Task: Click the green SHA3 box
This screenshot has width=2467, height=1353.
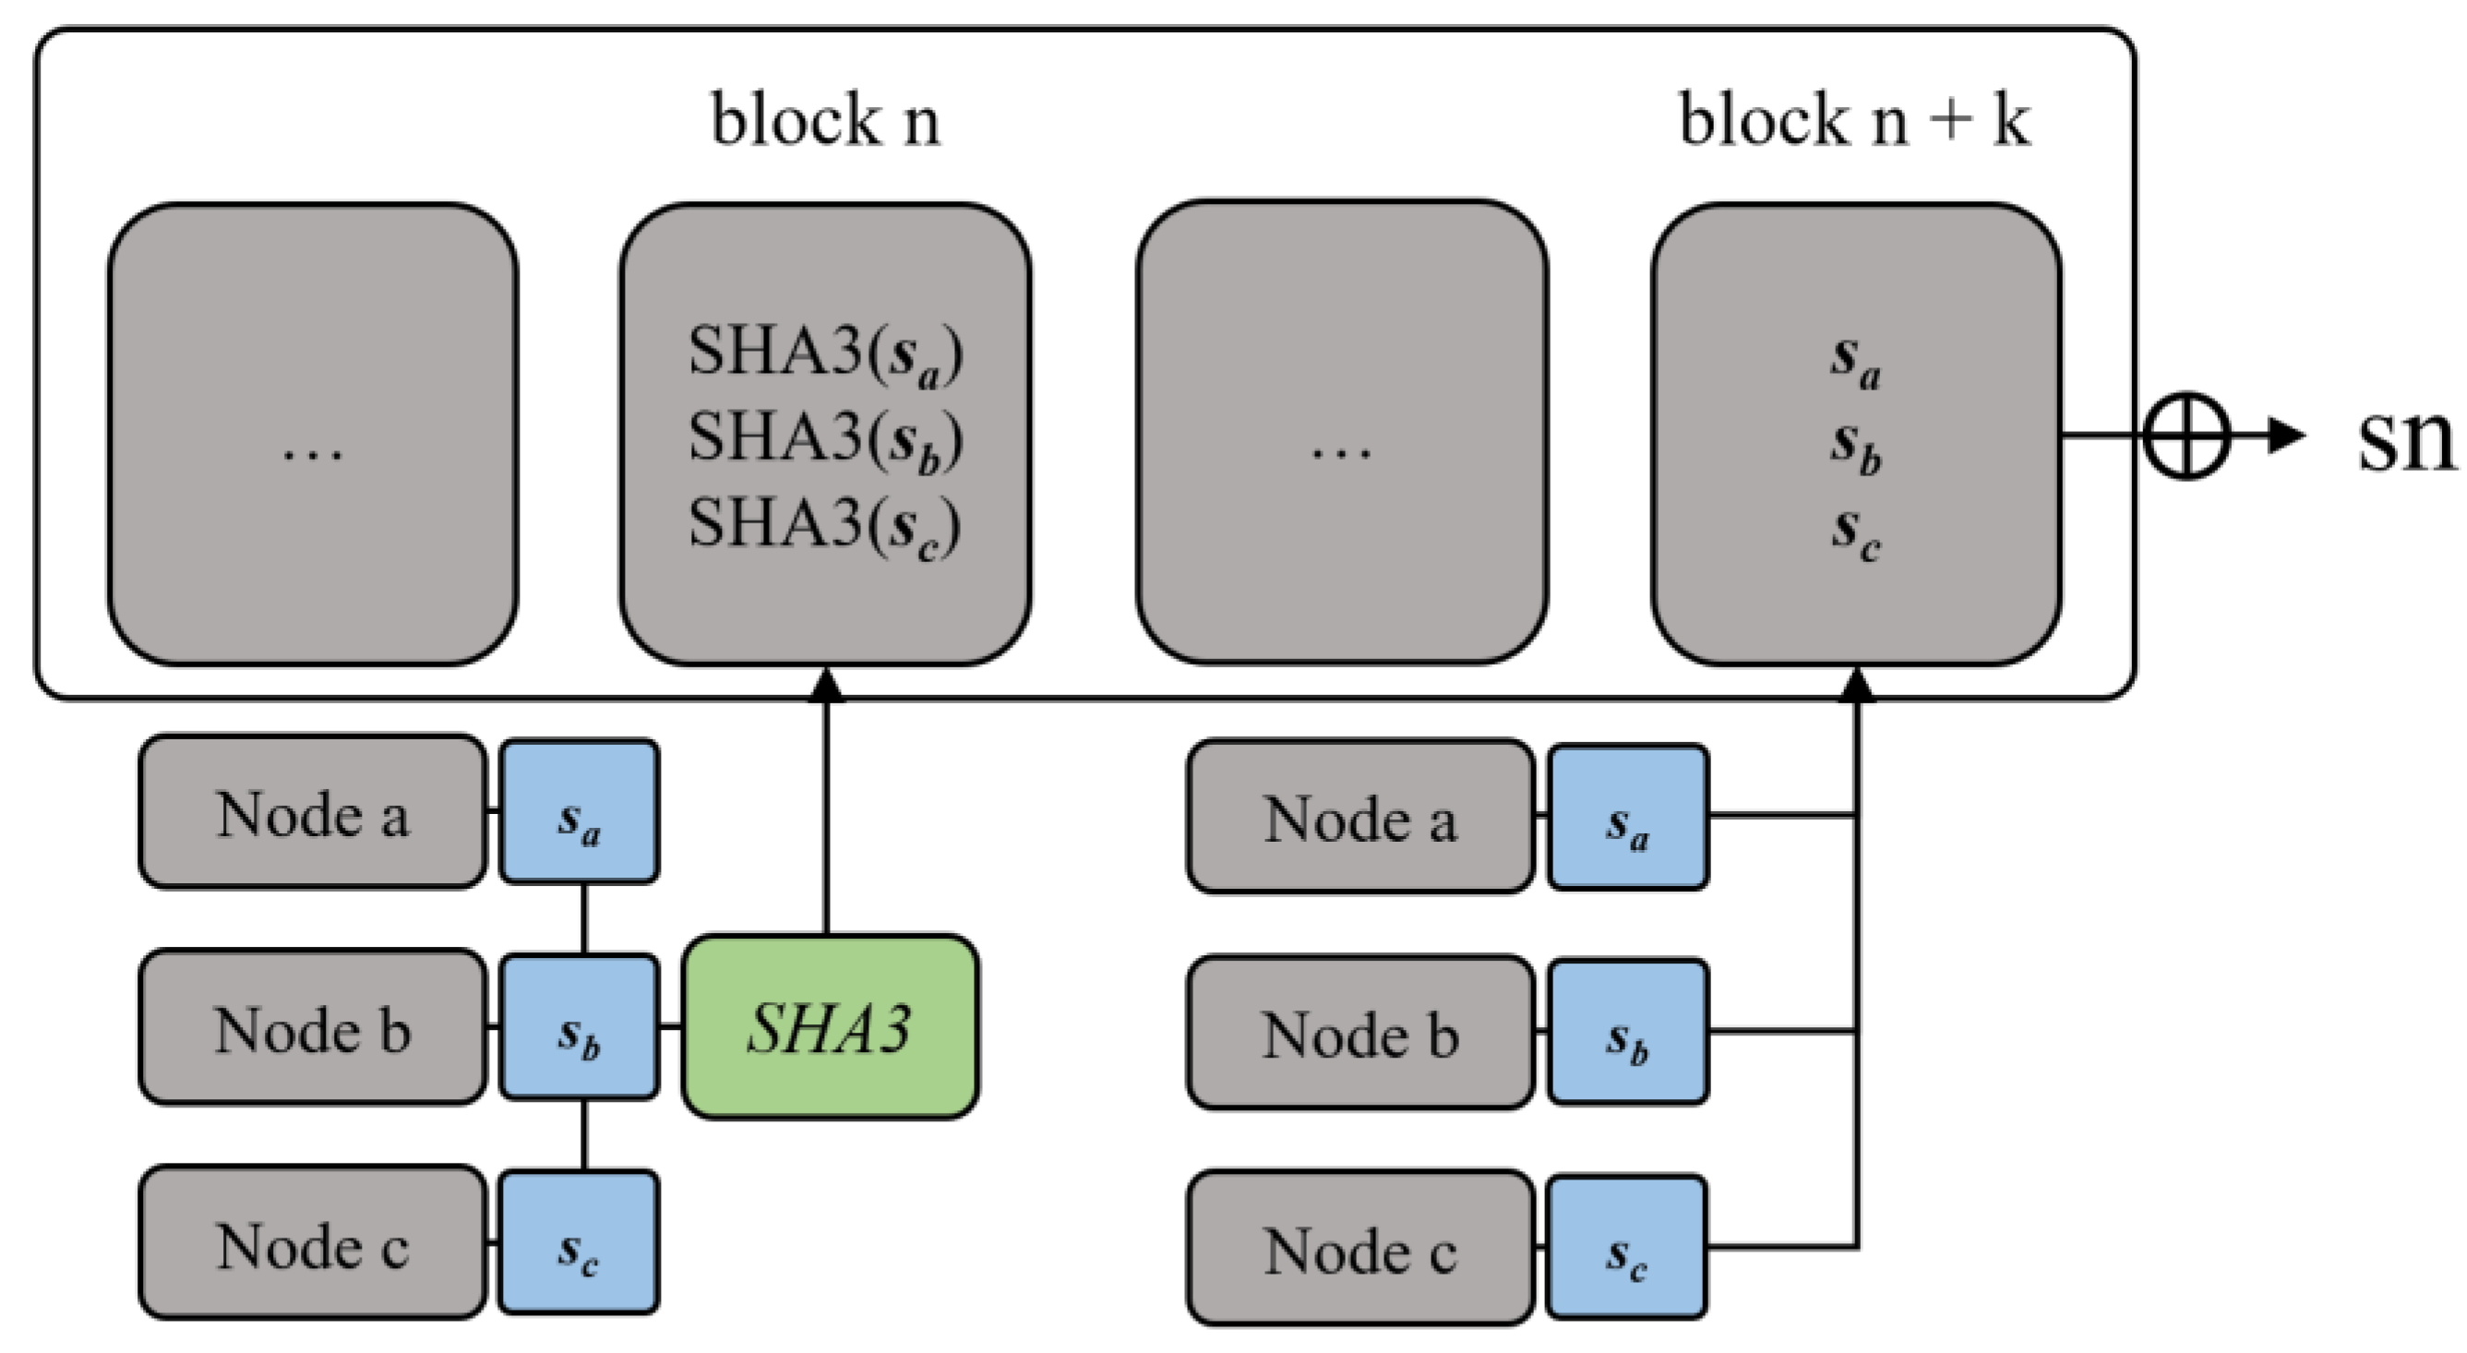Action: click(831, 1026)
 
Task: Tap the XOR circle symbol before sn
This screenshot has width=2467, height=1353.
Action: click(2186, 436)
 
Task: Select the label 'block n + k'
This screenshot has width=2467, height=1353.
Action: click(1854, 121)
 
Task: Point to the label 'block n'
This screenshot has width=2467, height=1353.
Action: click(825, 121)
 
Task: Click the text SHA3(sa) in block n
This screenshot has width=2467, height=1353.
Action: click(825, 353)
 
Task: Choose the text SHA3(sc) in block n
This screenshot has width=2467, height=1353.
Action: click(825, 525)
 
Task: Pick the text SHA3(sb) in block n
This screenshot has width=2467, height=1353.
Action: click(825, 438)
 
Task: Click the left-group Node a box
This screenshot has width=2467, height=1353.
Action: click(312, 812)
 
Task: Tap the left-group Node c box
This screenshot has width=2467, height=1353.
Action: click(312, 1243)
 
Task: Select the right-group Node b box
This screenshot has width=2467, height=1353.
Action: click(1359, 1032)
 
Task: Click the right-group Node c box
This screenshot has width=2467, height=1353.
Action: click(1359, 1248)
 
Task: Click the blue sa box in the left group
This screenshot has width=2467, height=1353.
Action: click(580, 812)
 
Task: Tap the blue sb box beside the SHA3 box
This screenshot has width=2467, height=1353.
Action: click(580, 1026)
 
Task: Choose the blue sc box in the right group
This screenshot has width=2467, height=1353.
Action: click(1628, 1248)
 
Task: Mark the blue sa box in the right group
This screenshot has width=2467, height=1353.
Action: click(1628, 817)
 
